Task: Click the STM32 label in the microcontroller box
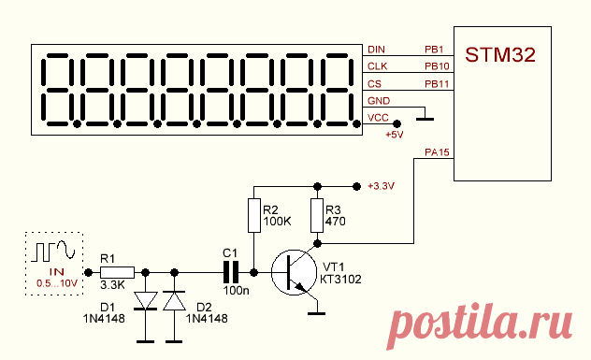click(x=500, y=54)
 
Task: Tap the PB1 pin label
click(x=434, y=50)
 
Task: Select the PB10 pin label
click(x=438, y=66)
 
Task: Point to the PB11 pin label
click(x=438, y=84)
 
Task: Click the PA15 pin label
click(x=438, y=152)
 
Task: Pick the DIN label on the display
click(x=376, y=50)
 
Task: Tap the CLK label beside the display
click(x=377, y=66)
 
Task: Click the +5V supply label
click(x=395, y=135)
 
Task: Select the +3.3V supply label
click(x=381, y=186)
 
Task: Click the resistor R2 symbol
click(x=254, y=215)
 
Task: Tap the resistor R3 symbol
click(x=317, y=215)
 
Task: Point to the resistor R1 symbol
click(x=117, y=272)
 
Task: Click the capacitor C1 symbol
click(x=231, y=272)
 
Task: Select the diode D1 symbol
click(x=146, y=301)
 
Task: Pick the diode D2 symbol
click(x=174, y=301)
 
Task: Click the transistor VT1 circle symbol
click(x=294, y=272)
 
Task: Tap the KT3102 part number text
click(x=340, y=280)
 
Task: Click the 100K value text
click(x=278, y=222)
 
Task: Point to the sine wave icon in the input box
click(x=66, y=251)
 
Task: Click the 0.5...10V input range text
click(x=56, y=283)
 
